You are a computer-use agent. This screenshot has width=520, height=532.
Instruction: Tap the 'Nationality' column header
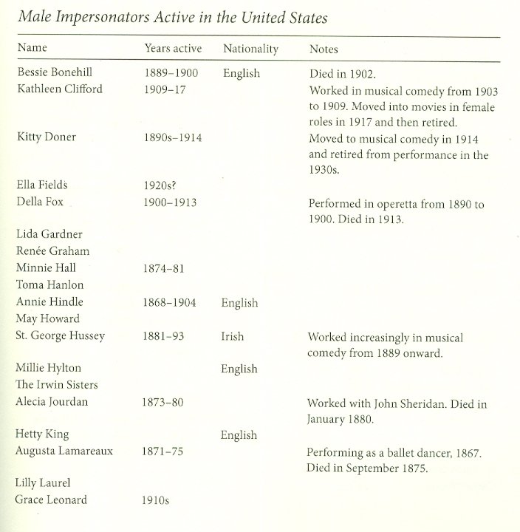pyautogui.click(x=250, y=50)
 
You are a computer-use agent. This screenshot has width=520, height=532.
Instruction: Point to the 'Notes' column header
pyautogui.click(x=323, y=50)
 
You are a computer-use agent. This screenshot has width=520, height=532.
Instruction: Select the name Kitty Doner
pyautogui.click(x=45, y=137)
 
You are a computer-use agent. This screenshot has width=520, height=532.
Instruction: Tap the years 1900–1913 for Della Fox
pyautogui.click(x=170, y=202)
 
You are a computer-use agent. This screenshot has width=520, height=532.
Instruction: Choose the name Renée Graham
pyautogui.click(x=52, y=251)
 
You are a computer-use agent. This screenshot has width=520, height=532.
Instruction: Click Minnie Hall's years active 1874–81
pyautogui.click(x=164, y=268)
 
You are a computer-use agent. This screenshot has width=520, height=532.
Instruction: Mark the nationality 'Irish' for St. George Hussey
pyautogui.click(x=232, y=336)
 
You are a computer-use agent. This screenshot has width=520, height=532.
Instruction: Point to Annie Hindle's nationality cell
pyautogui.click(x=239, y=302)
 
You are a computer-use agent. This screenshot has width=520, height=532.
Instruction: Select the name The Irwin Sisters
pyautogui.click(x=57, y=385)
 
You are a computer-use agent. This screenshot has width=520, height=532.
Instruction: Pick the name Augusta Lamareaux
pyautogui.click(x=64, y=451)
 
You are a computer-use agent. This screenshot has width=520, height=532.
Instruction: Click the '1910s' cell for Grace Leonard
pyautogui.click(x=155, y=500)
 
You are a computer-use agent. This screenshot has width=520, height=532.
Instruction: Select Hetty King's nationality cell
pyautogui.click(x=239, y=435)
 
